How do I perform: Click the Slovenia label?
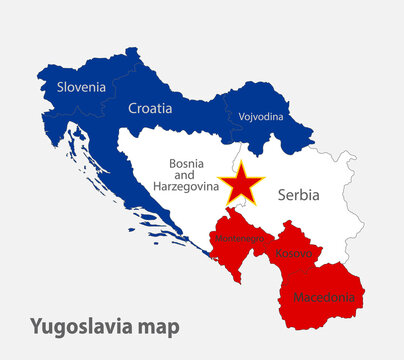coord(81,87)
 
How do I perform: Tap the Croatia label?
coord(150,108)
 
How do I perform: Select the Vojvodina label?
coord(261,116)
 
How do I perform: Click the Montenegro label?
coord(237,240)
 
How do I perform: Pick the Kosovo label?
coord(293,254)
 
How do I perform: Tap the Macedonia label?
coord(322,297)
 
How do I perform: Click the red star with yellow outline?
coord(244,185)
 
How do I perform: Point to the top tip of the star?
coord(244,163)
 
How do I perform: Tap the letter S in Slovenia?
coord(60,87)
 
